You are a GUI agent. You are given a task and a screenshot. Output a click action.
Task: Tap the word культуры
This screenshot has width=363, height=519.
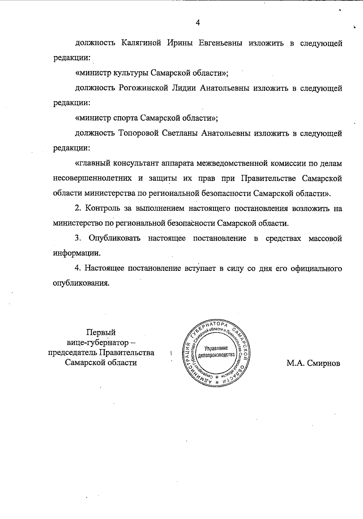[x=130, y=73]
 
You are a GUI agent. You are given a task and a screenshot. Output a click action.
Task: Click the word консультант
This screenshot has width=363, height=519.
[x=136, y=164]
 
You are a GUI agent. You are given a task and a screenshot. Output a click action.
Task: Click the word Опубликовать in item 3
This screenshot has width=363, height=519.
[x=114, y=238]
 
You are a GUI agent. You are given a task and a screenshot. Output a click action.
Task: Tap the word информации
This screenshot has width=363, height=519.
[x=77, y=253]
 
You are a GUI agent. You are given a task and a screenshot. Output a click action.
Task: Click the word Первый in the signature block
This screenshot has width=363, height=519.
[x=101, y=332]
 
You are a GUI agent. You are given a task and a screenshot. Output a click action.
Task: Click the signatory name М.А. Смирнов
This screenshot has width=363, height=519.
[x=313, y=363]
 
